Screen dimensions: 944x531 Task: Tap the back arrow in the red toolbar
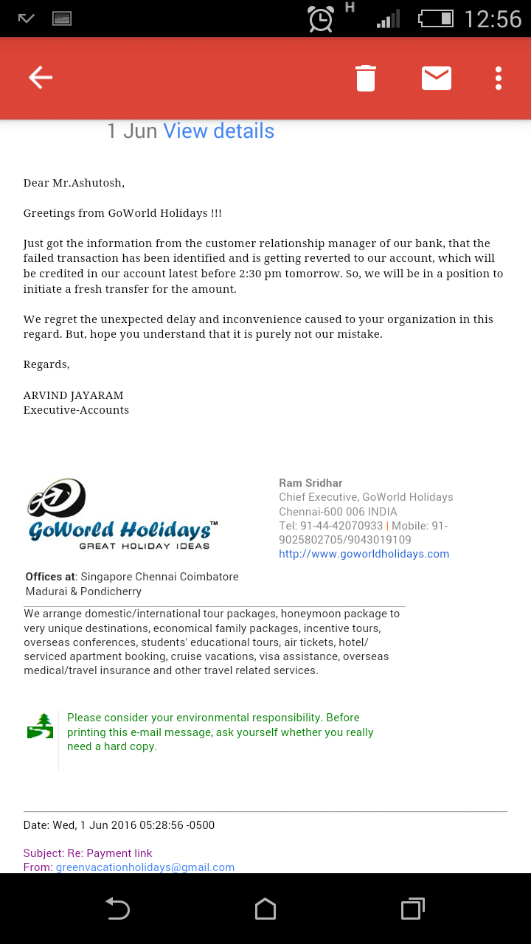(41, 77)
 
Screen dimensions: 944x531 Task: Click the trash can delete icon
(366, 78)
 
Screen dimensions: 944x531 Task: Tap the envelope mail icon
(437, 77)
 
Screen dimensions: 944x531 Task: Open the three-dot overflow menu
(499, 78)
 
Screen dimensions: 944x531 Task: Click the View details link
(218, 131)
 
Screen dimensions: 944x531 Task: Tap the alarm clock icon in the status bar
(321, 18)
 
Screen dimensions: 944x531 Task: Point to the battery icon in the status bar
(436, 18)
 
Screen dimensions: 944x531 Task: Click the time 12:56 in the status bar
(493, 18)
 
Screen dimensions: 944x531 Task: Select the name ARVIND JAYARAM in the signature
(74, 395)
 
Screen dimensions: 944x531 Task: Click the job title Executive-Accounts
(76, 410)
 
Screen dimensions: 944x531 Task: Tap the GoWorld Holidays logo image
(122, 515)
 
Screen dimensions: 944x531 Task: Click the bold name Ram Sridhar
(310, 483)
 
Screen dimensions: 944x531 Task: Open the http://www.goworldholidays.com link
(364, 554)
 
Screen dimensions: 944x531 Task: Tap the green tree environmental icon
(40, 726)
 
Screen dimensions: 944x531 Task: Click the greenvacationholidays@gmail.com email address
(145, 867)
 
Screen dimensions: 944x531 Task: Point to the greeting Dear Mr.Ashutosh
(74, 183)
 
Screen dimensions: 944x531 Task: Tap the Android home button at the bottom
(265, 909)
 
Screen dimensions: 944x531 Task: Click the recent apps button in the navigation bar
(413, 909)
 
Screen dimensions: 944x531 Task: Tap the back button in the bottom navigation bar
(118, 909)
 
